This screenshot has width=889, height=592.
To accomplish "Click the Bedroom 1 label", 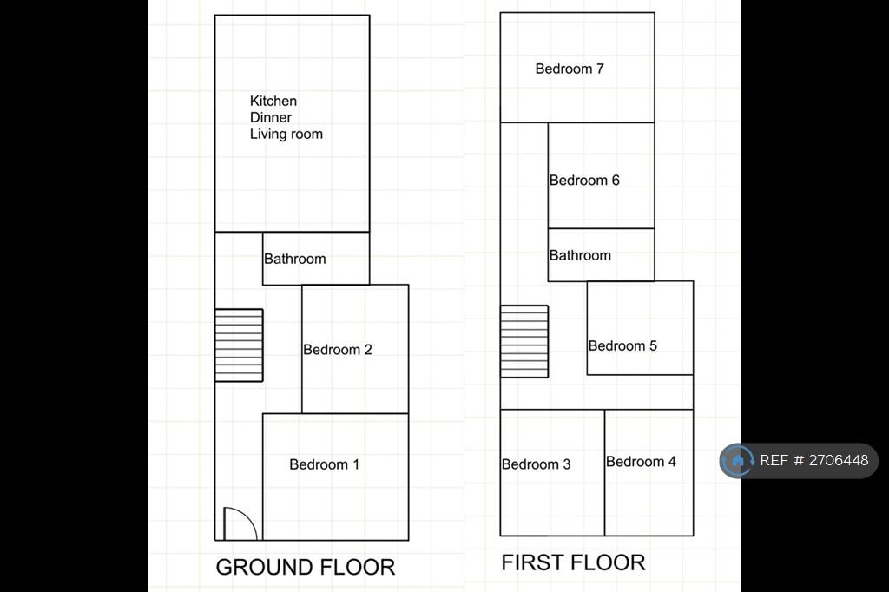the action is click(324, 464).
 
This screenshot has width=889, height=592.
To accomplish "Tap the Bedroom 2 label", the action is click(338, 349).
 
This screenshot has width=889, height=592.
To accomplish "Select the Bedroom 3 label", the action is click(536, 464).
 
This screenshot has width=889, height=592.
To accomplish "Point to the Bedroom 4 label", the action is click(641, 462).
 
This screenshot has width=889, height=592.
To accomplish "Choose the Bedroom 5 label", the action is click(622, 345).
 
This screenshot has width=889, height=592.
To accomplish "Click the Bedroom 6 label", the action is click(584, 181).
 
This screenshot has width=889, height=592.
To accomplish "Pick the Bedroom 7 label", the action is click(570, 69).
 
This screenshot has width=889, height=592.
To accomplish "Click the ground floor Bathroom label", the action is click(295, 259).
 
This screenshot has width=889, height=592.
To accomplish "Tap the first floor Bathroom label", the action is click(580, 255).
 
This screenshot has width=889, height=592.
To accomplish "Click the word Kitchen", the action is click(273, 101).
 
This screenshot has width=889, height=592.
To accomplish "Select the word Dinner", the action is click(271, 117).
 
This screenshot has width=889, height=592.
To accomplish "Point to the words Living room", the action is click(286, 134).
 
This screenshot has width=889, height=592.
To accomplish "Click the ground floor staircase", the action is click(239, 345).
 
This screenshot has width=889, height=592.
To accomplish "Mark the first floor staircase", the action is click(524, 341).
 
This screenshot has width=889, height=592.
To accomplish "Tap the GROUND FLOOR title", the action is click(306, 567).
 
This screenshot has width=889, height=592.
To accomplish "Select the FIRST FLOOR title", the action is click(573, 562).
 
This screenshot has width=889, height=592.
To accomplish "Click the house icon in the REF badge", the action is click(738, 460).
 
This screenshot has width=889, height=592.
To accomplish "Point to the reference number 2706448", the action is click(839, 460).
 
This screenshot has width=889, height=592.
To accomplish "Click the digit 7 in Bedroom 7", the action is click(600, 69).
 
